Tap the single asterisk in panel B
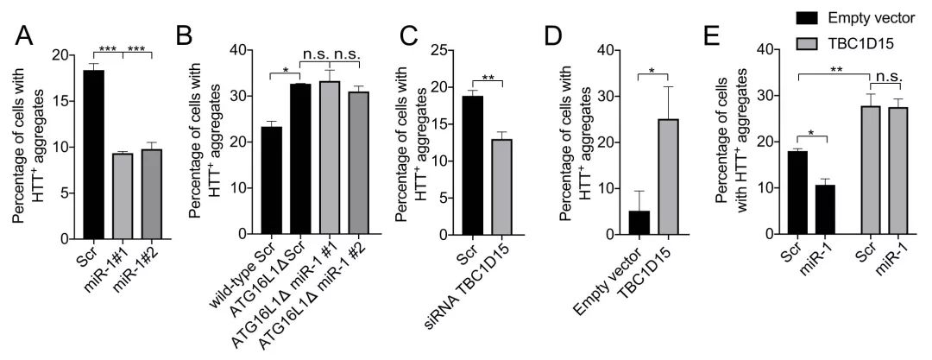click(x=285, y=70)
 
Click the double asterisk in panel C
click(x=488, y=78)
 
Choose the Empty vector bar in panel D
click(x=639, y=223)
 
